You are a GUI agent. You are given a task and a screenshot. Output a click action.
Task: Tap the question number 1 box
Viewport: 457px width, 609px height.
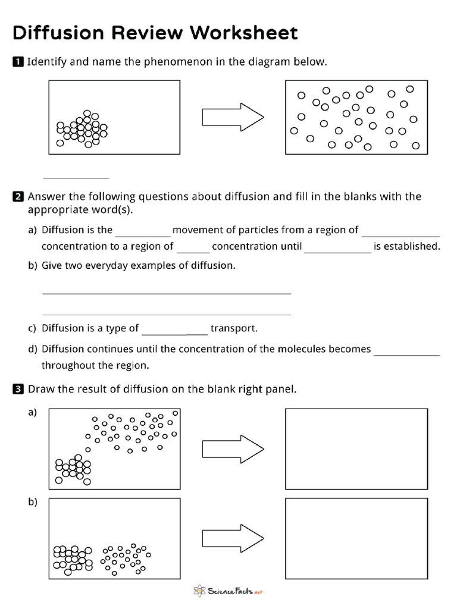[18, 62]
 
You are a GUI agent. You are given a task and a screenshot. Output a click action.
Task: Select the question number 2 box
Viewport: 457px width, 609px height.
[18, 197]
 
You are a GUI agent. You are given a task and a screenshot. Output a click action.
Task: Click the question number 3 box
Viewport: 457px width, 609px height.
[18, 390]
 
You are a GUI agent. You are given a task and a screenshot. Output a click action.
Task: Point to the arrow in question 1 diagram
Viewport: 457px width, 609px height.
[233, 117]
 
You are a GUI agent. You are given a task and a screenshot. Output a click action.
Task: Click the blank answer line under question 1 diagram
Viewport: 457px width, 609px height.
[76, 177]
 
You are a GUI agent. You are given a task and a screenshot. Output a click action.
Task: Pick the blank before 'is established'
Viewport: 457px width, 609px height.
[337, 252]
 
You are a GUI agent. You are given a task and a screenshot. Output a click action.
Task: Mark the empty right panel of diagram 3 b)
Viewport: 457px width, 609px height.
[356, 537]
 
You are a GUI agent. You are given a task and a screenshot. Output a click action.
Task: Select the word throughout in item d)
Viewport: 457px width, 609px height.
[69, 366]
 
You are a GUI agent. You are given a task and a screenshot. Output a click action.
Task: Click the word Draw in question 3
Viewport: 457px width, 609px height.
[41, 390]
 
